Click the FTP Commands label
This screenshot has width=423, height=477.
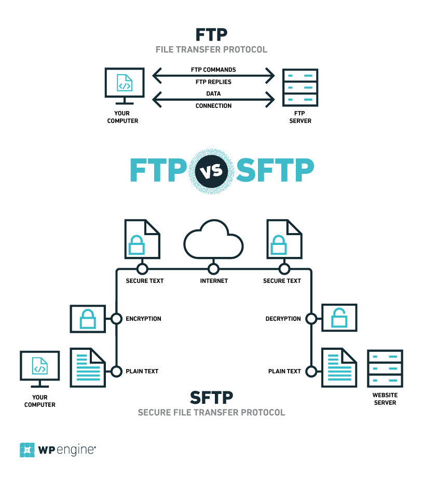[x=213, y=70]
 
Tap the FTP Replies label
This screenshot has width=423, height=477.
[x=213, y=82]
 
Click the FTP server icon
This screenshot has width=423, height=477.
[x=301, y=88]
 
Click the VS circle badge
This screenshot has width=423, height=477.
[x=212, y=169]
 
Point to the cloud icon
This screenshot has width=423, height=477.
[x=213, y=242]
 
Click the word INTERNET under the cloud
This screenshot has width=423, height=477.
[x=214, y=281]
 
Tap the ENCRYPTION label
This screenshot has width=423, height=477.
[x=143, y=319]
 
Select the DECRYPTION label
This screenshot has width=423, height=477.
[x=283, y=319]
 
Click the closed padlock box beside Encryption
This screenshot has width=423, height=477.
[x=88, y=319]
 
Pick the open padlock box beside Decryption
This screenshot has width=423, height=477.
[x=339, y=319]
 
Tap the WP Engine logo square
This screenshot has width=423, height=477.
[x=27, y=449]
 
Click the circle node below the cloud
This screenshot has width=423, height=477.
[x=213, y=269]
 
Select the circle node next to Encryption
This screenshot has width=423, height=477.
[x=116, y=319]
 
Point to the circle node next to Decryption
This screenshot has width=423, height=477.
[x=311, y=319]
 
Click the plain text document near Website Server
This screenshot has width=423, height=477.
[x=338, y=367]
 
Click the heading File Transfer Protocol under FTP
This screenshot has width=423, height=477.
[x=211, y=50]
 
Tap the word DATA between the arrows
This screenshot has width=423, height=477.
[x=213, y=94]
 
